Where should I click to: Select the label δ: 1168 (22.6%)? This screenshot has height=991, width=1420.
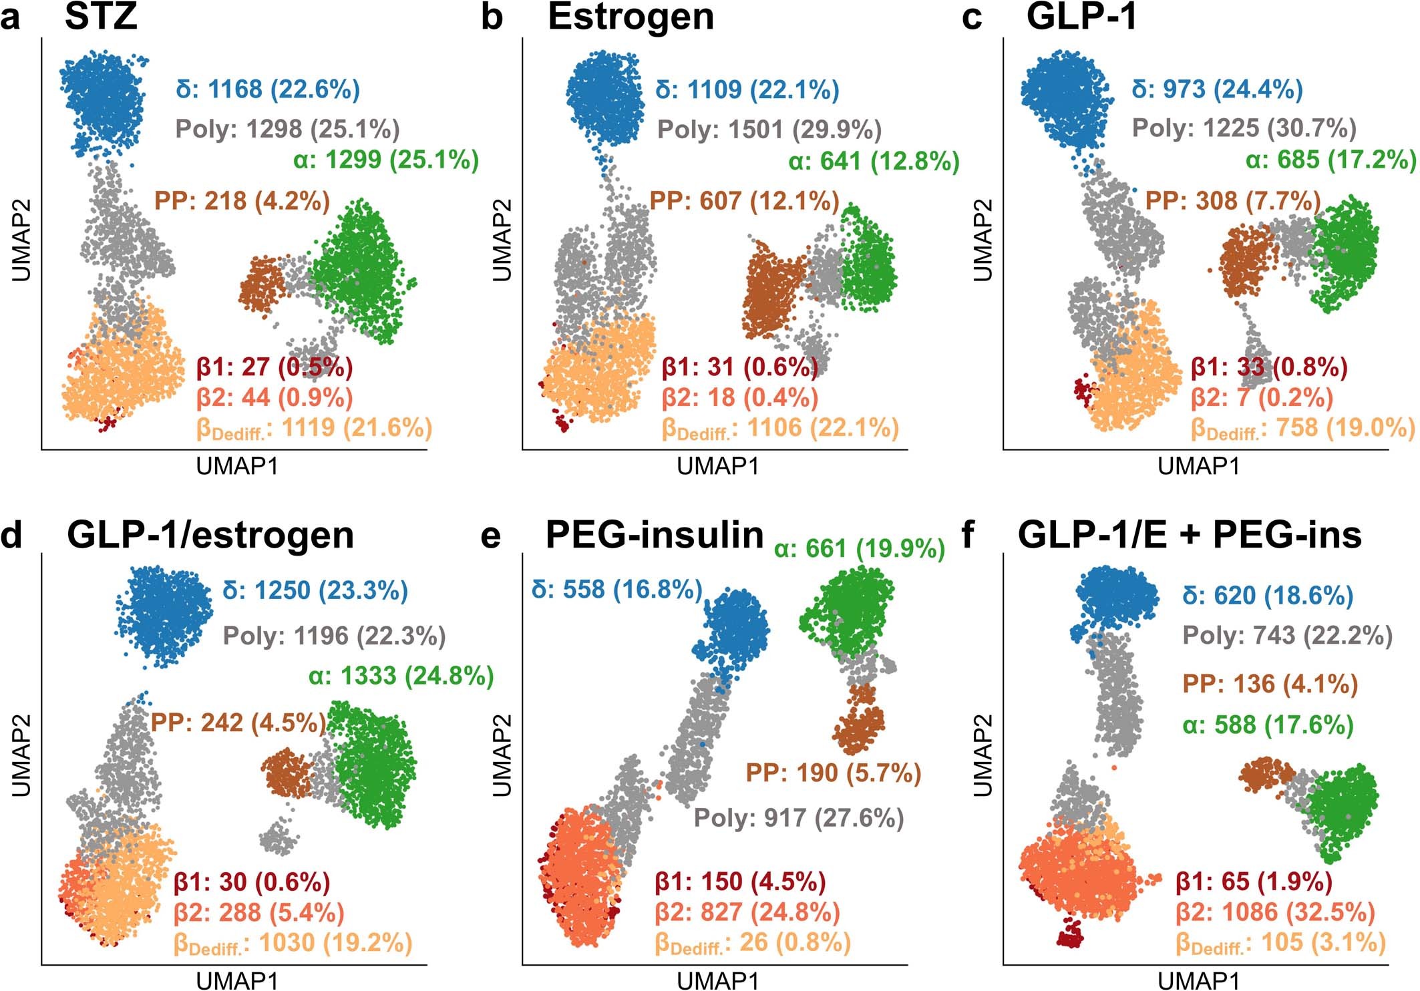click(x=268, y=89)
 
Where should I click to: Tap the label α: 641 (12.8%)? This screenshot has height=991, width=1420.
click(x=874, y=161)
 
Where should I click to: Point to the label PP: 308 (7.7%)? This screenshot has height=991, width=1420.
click(x=1233, y=200)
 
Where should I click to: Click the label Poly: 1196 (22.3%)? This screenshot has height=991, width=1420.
click(x=334, y=636)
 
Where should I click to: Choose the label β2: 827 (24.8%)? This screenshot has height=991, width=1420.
click(x=747, y=912)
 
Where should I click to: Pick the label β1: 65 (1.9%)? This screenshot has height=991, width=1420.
click(x=1254, y=881)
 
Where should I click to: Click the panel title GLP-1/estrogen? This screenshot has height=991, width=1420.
click(x=210, y=535)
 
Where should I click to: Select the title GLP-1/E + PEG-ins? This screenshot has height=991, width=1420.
click(x=1190, y=535)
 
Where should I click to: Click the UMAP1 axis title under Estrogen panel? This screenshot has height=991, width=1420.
click(x=718, y=466)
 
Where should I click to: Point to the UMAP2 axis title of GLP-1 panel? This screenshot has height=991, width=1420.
click(x=981, y=240)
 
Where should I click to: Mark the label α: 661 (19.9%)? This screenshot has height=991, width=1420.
click(x=860, y=549)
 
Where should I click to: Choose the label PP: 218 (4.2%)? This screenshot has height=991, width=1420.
click(x=242, y=200)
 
